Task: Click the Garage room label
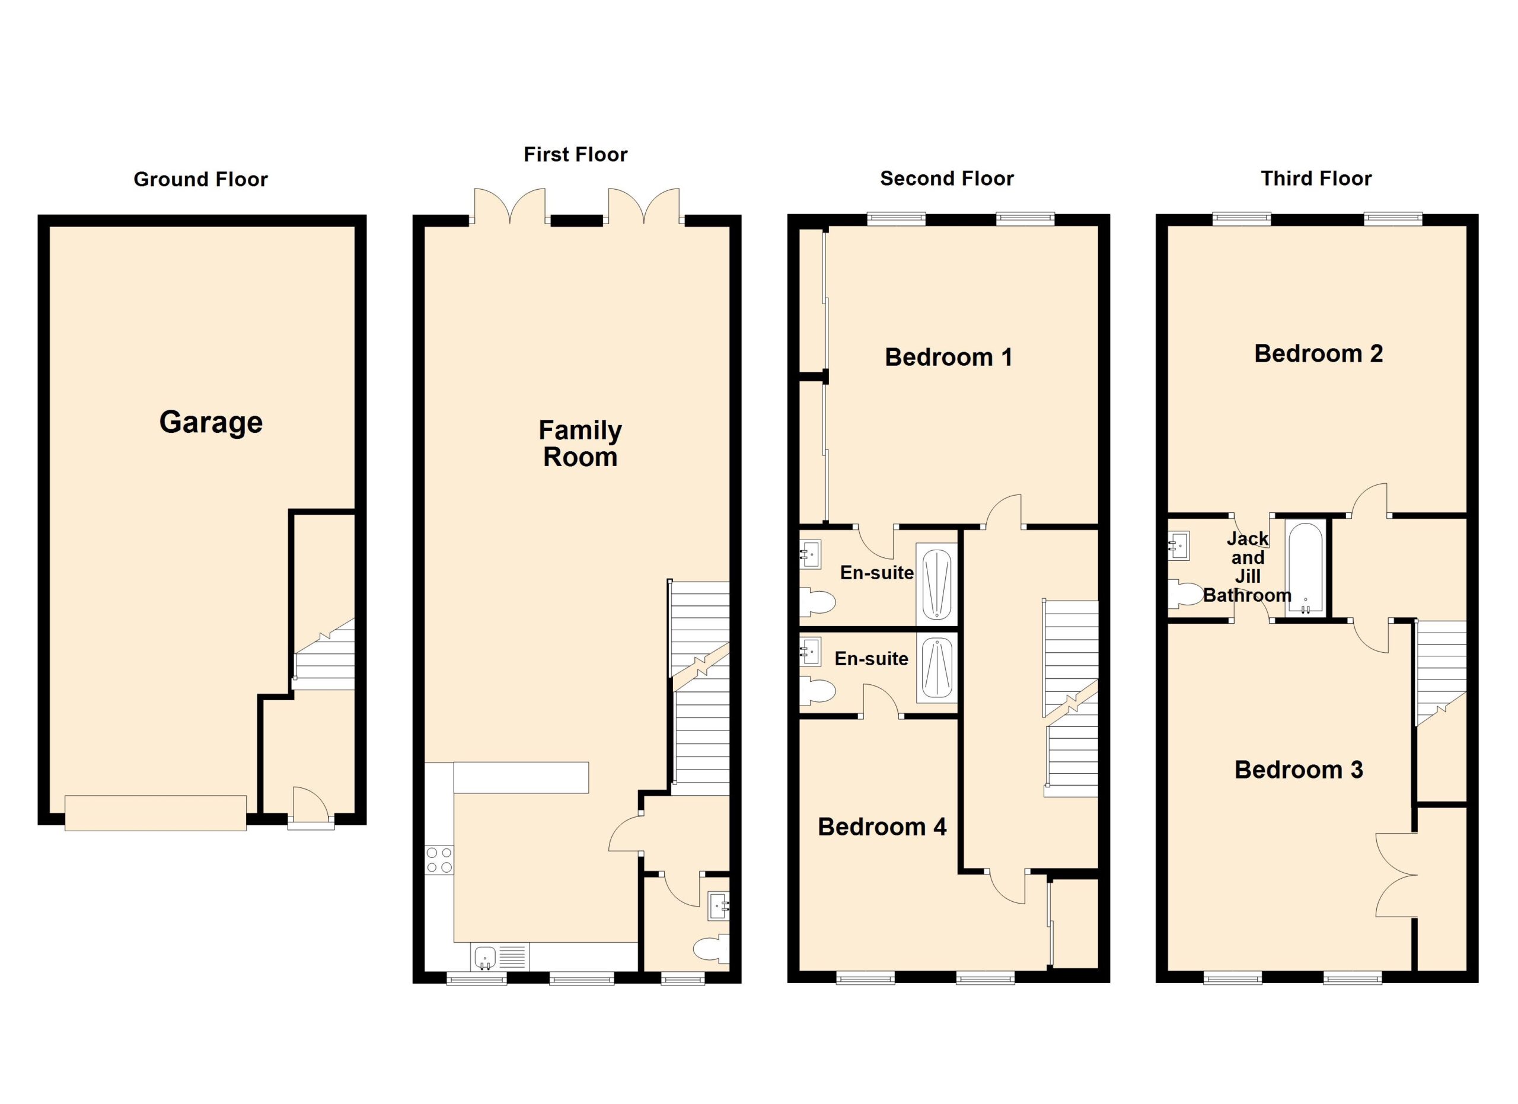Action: pyautogui.click(x=211, y=423)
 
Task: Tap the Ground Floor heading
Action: pyautogui.click(x=201, y=179)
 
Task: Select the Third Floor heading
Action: pyautogui.click(x=1316, y=178)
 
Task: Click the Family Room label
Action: pyautogui.click(x=581, y=443)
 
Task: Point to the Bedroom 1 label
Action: pyautogui.click(x=948, y=358)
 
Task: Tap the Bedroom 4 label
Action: pyautogui.click(x=882, y=827)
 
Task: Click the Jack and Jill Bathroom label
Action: pyautogui.click(x=1247, y=567)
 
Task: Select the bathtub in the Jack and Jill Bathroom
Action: pyautogui.click(x=1305, y=568)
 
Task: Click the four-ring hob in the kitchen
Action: pyautogui.click(x=439, y=860)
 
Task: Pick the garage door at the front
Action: pyautogui.click(x=155, y=813)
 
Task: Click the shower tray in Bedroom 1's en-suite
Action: pyautogui.click(x=936, y=585)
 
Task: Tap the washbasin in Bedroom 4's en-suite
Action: pyautogui.click(x=811, y=652)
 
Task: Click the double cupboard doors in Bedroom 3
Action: pyautogui.click(x=1397, y=875)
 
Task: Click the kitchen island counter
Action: pyautogui.click(x=521, y=777)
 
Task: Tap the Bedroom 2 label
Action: pyautogui.click(x=1319, y=353)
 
